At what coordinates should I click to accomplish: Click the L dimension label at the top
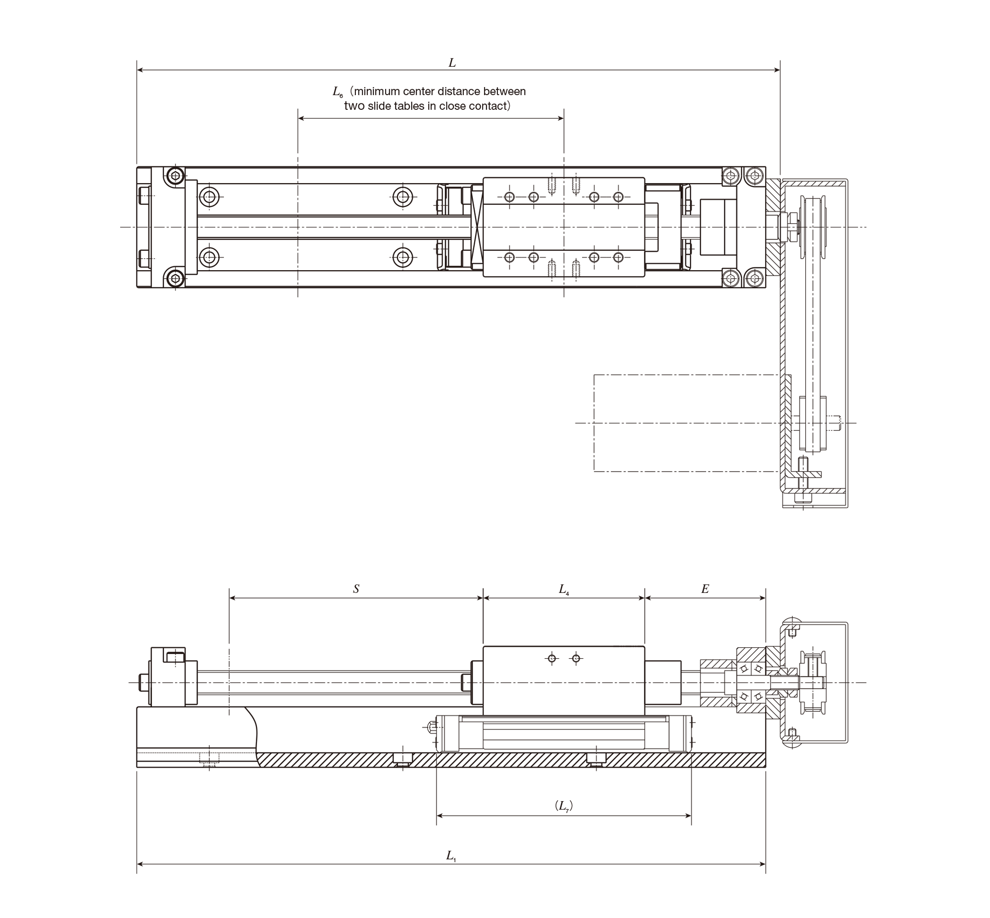(452, 62)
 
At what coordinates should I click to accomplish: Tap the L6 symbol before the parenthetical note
(338, 92)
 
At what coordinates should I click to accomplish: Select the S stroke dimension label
(356, 589)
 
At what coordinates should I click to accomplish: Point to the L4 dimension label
(564, 589)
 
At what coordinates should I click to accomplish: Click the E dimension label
(705, 589)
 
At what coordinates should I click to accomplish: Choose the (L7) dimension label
(564, 806)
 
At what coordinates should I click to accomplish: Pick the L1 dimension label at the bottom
(451, 856)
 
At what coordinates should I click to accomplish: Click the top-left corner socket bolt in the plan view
(175, 175)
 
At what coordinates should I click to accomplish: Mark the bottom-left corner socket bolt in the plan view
(175, 278)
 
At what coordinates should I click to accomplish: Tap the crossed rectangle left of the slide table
(477, 228)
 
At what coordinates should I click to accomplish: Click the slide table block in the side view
(564, 680)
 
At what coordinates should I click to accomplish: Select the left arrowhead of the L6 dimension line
(301, 118)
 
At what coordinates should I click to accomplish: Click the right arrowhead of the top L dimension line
(776, 70)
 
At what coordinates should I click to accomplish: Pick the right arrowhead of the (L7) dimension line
(688, 816)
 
